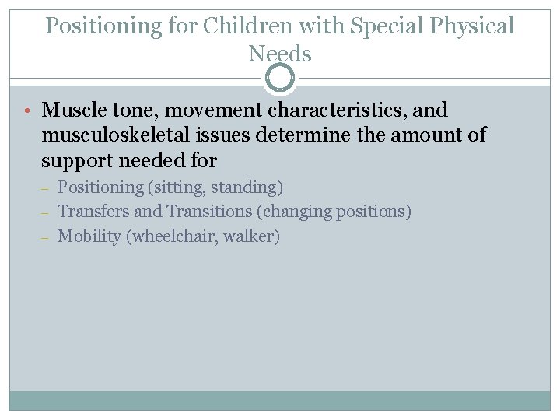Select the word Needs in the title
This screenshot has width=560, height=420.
(280, 54)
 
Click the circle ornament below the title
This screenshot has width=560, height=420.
(280, 78)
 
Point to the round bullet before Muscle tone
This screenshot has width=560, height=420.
(27, 111)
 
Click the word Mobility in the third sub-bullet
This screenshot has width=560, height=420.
(89, 236)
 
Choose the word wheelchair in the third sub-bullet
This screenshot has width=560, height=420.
(173, 236)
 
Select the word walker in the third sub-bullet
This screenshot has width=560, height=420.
(250, 236)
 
